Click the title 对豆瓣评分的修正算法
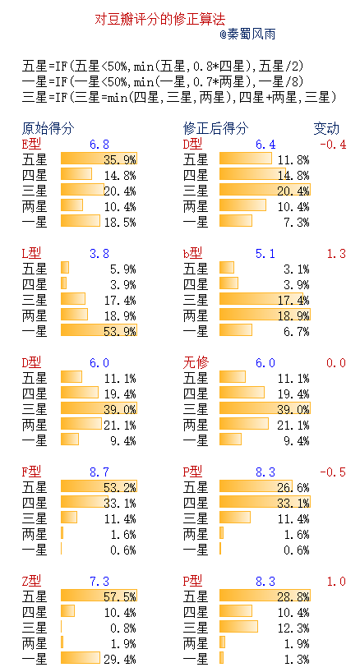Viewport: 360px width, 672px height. pos(160,18)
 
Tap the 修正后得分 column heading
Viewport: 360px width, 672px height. pos(215,129)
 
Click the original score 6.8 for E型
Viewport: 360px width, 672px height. pos(99,144)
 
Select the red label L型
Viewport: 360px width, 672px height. pos(31,253)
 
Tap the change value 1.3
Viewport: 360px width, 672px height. pos(336,253)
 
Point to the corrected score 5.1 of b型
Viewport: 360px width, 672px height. pos(265,253)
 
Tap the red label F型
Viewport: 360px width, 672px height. pos(31,472)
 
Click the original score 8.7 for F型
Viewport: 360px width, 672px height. pos(99,472)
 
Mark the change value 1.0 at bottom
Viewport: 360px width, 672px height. pos(336,581)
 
